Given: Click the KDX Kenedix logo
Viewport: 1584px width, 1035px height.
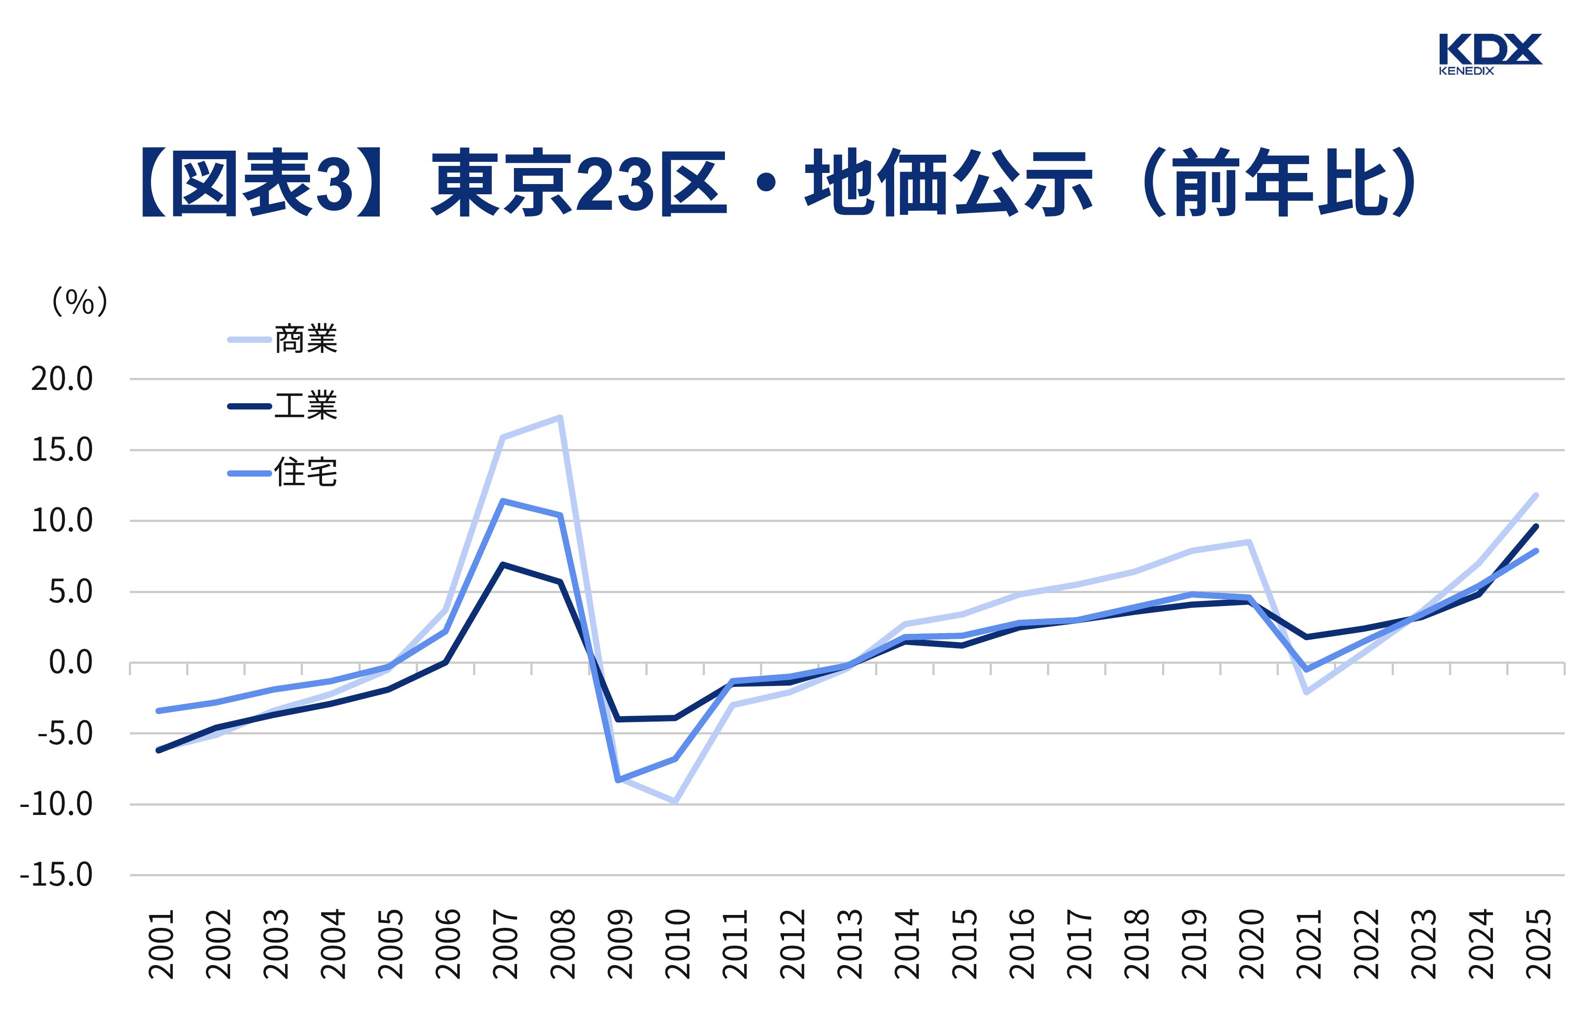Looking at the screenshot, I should pyautogui.click(x=1489, y=53).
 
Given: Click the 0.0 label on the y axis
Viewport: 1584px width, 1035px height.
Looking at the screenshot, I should pyautogui.click(x=71, y=663).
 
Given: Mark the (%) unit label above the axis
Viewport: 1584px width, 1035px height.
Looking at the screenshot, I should pyautogui.click(x=80, y=302).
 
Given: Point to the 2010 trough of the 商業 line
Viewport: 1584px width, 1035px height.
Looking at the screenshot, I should pyautogui.click(x=675, y=801).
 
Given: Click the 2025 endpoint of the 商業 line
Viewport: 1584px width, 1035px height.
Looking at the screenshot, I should pyautogui.click(x=1536, y=496).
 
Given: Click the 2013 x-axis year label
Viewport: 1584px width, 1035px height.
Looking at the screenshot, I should pyautogui.click(x=849, y=944).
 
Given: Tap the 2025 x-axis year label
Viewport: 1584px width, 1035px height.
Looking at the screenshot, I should pyautogui.click(x=1538, y=944).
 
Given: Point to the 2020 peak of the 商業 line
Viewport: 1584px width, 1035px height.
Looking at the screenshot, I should pyautogui.click(x=1249, y=542).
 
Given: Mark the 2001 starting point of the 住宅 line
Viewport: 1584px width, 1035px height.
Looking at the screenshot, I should pyautogui.click(x=159, y=710).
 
